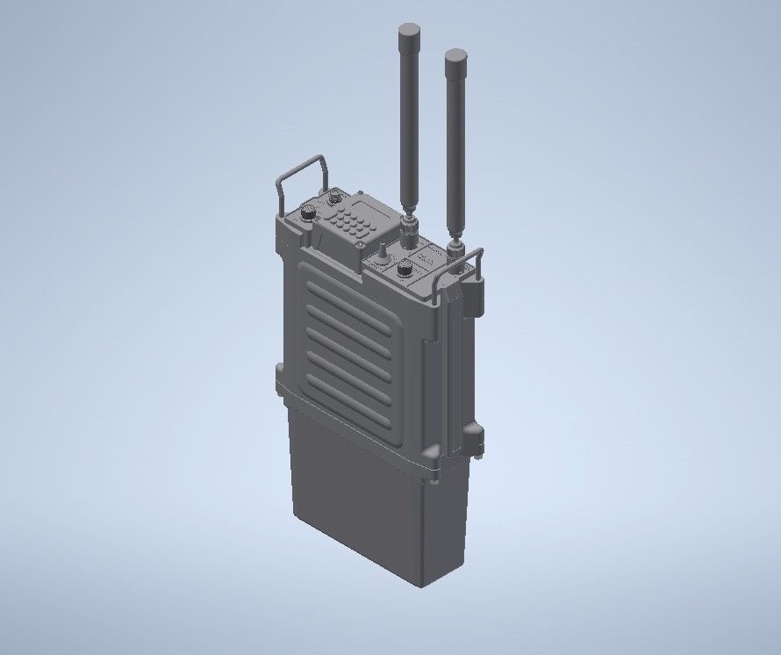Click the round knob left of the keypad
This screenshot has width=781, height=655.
[x=308, y=212]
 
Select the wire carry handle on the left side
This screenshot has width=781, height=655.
[x=298, y=177]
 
